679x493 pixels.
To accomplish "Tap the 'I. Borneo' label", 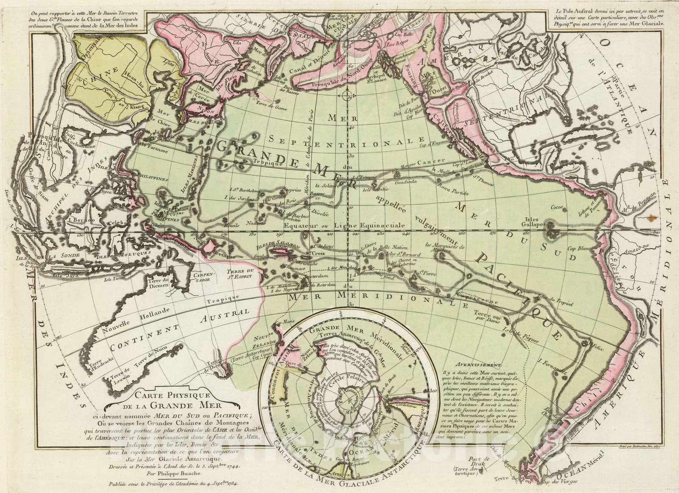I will click(x=76, y=221).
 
